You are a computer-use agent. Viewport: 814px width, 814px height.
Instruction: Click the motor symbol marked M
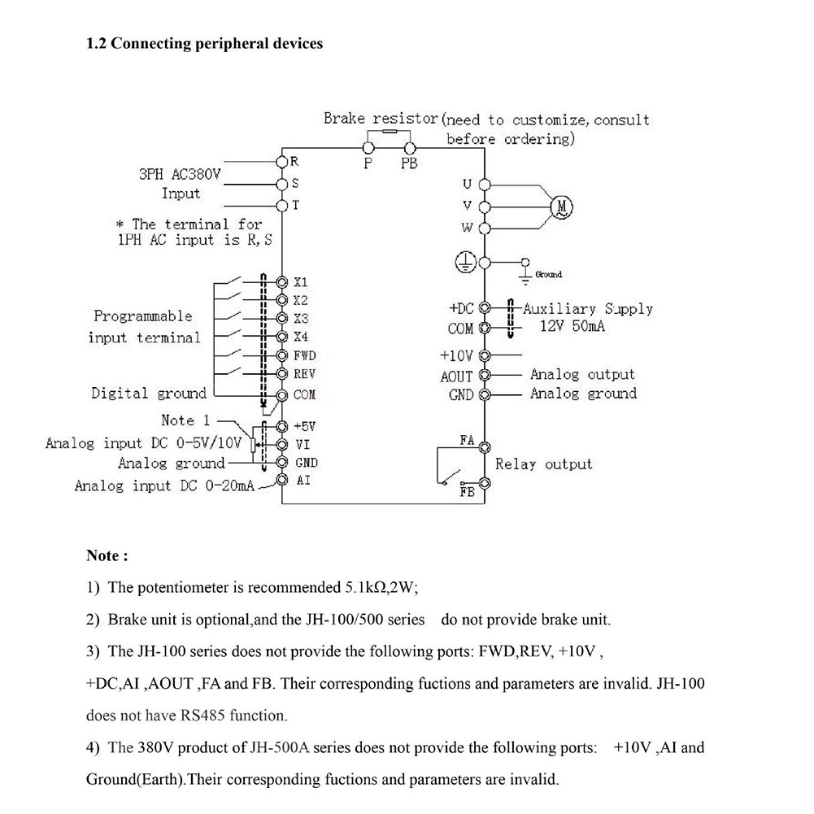click(562, 207)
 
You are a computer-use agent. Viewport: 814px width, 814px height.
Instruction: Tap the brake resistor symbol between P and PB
click(389, 131)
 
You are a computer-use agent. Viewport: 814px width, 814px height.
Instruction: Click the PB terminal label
click(409, 163)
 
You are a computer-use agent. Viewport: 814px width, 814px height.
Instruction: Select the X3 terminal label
click(301, 318)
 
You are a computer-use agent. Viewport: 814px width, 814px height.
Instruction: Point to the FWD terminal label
click(304, 355)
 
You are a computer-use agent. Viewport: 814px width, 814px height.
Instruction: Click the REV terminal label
click(303, 374)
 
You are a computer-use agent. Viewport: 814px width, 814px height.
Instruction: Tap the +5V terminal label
click(303, 426)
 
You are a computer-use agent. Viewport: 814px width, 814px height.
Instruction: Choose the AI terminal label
click(302, 481)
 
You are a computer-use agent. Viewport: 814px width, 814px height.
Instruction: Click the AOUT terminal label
click(456, 377)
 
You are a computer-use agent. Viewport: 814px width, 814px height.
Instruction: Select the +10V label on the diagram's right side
click(456, 356)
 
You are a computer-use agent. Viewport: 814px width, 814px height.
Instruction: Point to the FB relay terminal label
click(467, 493)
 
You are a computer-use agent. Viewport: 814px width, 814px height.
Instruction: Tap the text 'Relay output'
click(544, 464)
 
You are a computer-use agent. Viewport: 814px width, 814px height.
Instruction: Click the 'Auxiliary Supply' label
click(587, 309)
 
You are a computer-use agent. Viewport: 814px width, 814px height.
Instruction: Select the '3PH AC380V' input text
click(181, 174)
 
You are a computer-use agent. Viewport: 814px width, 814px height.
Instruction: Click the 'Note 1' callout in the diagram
click(185, 420)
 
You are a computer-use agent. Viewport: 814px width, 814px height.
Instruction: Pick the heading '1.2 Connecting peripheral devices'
click(204, 43)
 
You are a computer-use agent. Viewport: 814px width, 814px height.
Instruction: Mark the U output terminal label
click(467, 184)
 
